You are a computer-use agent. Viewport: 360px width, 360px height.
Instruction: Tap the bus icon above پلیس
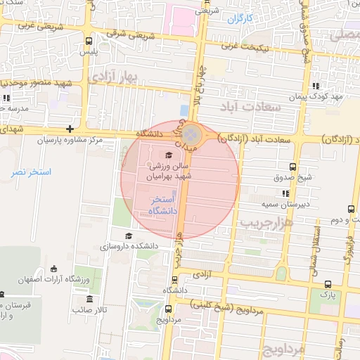tap(88, 41)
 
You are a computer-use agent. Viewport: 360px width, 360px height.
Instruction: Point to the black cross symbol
tap(70, 129)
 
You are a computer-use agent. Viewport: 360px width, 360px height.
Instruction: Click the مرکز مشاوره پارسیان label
tap(70, 141)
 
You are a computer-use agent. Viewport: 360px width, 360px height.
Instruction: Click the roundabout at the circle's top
tap(193, 136)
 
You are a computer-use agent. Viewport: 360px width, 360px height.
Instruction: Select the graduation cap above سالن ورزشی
tap(168, 155)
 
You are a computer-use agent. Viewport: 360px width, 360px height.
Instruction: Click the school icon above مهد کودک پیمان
tap(314, 85)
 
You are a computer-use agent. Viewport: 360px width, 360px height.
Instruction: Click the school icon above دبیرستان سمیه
tap(285, 193)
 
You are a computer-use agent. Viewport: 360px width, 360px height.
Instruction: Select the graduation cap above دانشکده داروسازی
tap(128, 236)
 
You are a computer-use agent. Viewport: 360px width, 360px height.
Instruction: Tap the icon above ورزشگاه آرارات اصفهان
tap(54, 269)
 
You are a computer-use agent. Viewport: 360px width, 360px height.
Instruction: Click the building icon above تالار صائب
tap(78, 298)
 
